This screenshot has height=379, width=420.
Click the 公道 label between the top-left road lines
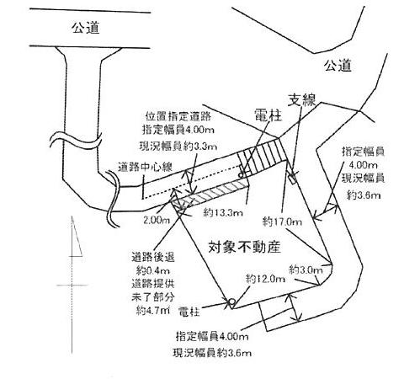pos(86,28)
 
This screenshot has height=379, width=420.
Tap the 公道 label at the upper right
pos(338,66)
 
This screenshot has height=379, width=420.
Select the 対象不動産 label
pos(244,247)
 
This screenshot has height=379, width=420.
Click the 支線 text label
pos(302,99)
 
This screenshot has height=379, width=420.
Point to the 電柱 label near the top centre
pos(268,115)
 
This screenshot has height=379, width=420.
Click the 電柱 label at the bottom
pos(189,312)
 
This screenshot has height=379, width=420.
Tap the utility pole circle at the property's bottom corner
pos(232,302)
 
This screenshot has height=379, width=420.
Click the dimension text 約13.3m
pos(223,213)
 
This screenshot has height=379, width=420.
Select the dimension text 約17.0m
pos(282,222)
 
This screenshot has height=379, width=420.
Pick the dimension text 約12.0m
pos(265,279)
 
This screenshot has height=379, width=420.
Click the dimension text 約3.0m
pos(306,270)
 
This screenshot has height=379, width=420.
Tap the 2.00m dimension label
pos(157,220)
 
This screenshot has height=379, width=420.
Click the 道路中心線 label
pos(145,168)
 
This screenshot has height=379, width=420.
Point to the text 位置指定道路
pos(178,116)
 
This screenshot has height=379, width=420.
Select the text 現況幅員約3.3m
pos(178,146)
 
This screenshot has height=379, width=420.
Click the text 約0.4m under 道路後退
pos(153,270)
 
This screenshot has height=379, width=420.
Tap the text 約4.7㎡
pos(153,310)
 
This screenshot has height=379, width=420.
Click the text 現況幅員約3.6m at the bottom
pos(212,353)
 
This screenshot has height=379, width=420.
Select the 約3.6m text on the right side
pos(364,195)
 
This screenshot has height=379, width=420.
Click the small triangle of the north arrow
pos(76,238)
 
